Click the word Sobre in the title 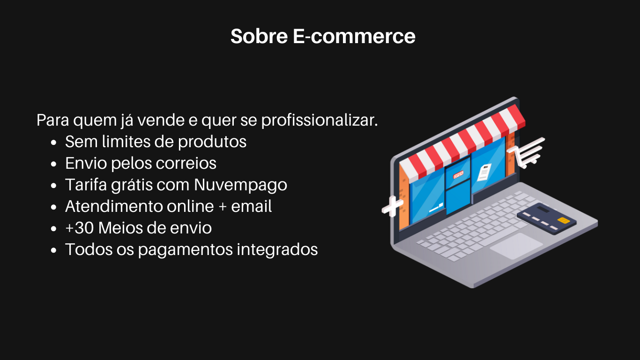[259, 36]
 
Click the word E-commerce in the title [354, 36]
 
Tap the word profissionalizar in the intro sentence [320, 120]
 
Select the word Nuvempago [240, 185]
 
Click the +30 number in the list [80, 228]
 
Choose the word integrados [277, 250]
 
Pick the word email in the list [252, 206]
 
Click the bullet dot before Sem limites [53, 142]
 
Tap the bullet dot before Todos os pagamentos [53, 250]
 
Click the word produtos [212, 142]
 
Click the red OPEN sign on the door [458, 174]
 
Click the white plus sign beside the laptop [393, 206]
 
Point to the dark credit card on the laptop [546, 219]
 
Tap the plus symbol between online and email [223, 207]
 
